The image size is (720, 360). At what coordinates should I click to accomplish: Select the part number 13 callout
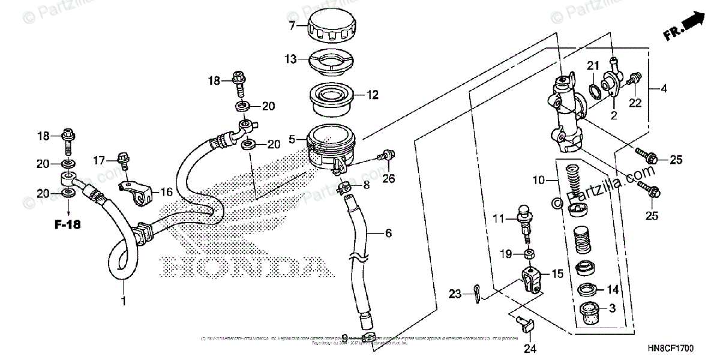[x=290, y=59]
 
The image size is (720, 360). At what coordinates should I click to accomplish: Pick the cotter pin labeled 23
[x=474, y=294]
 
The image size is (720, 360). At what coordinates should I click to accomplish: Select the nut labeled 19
[x=529, y=254]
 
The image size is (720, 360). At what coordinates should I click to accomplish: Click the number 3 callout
[x=612, y=308]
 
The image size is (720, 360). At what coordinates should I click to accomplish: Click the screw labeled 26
[x=385, y=157]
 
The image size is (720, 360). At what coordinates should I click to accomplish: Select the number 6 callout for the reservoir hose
[x=388, y=233]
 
